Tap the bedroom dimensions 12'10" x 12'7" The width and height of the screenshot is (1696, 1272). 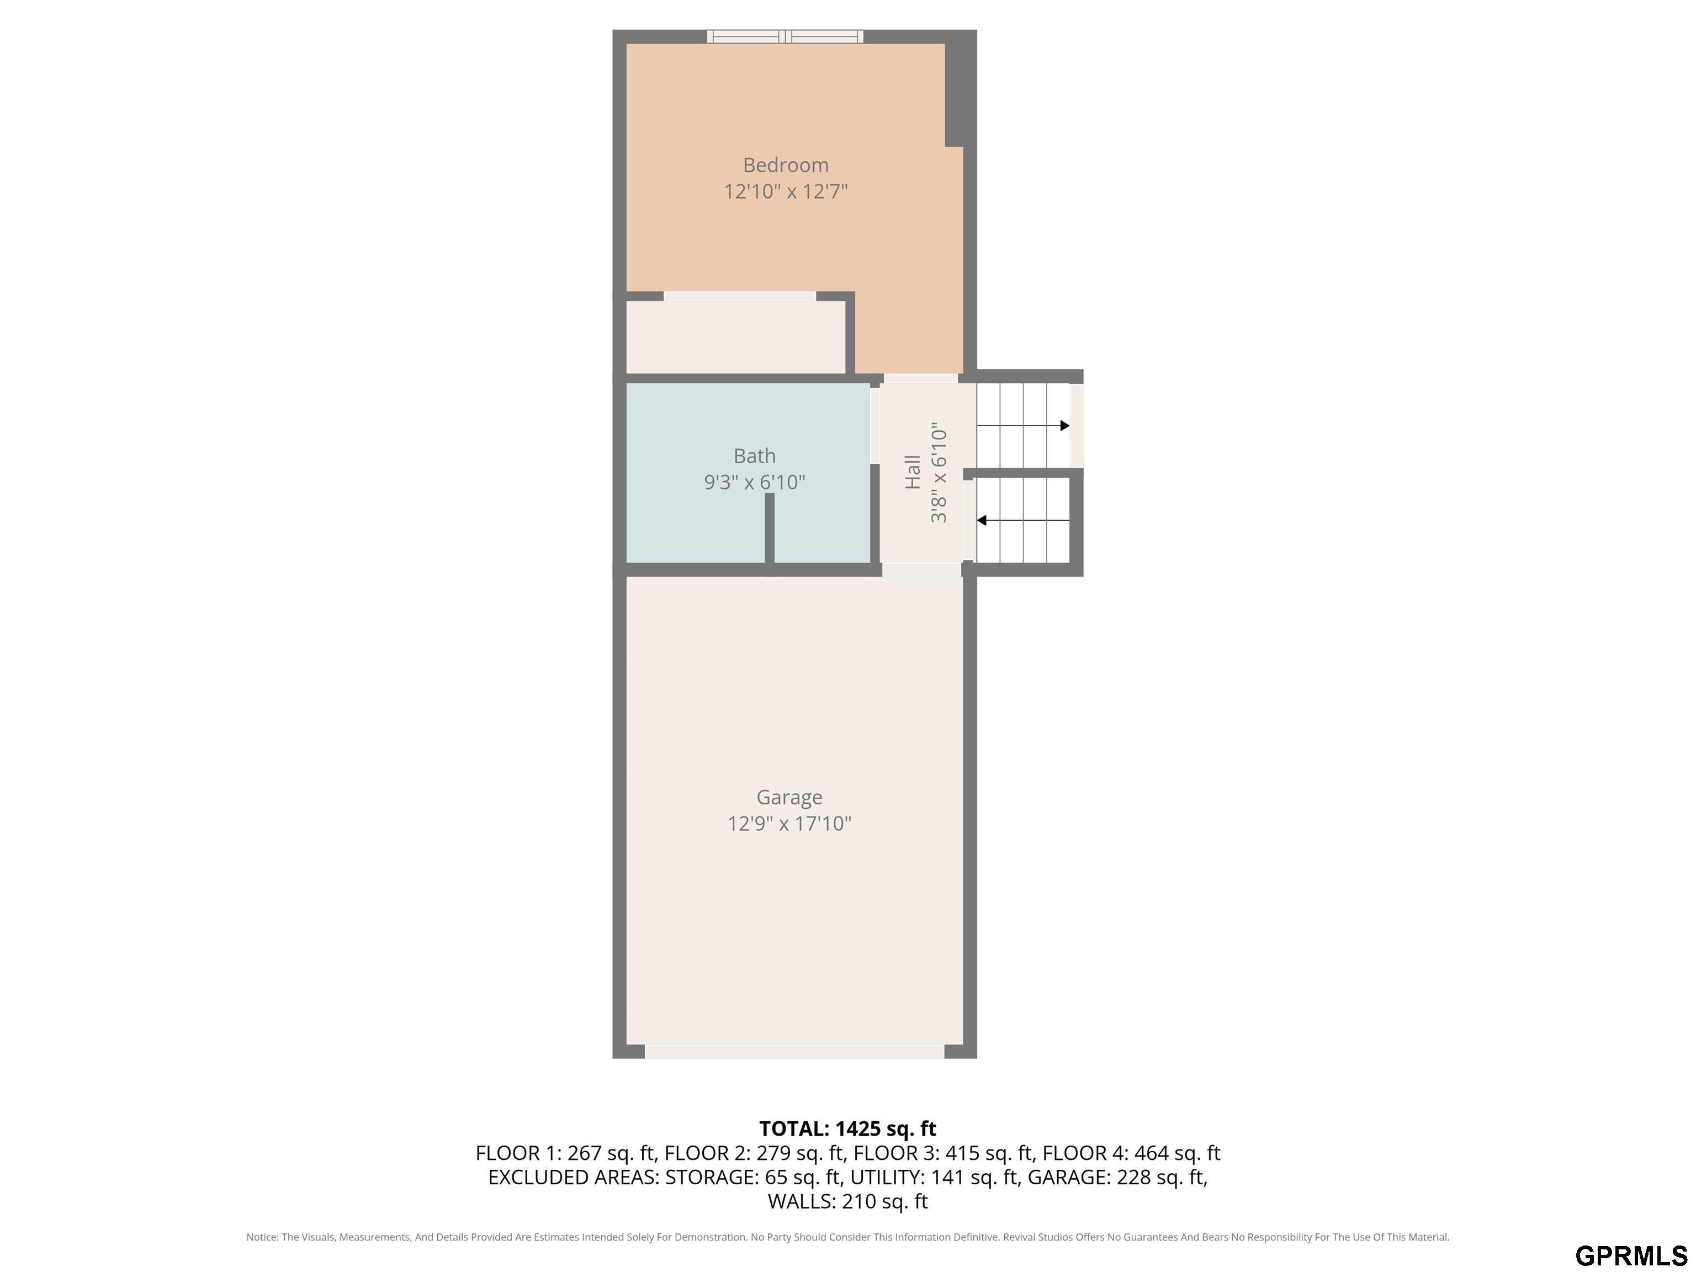tap(786, 192)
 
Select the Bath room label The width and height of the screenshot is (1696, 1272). tap(755, 456)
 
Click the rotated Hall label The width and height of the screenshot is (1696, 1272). tap(913, 471)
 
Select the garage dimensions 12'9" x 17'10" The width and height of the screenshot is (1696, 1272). tap(789, 824)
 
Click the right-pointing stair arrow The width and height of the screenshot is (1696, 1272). tap(1023, 426)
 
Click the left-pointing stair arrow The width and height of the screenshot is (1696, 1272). tap(1023, 521)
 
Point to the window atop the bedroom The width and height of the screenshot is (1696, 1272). tap(785, 36)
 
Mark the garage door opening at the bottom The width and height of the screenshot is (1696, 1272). tap(794, 1051)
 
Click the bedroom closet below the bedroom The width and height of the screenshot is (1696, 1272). tap(736, 337)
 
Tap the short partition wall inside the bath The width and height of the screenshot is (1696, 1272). tap(770, 529)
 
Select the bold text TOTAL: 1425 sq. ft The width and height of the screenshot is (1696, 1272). tap(847, 1128)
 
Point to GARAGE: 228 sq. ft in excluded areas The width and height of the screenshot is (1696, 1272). tap(1117, 1177)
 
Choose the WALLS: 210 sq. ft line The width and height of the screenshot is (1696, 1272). tap(847, 1201)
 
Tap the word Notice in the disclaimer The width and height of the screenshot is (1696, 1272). tap(262, 1237)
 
